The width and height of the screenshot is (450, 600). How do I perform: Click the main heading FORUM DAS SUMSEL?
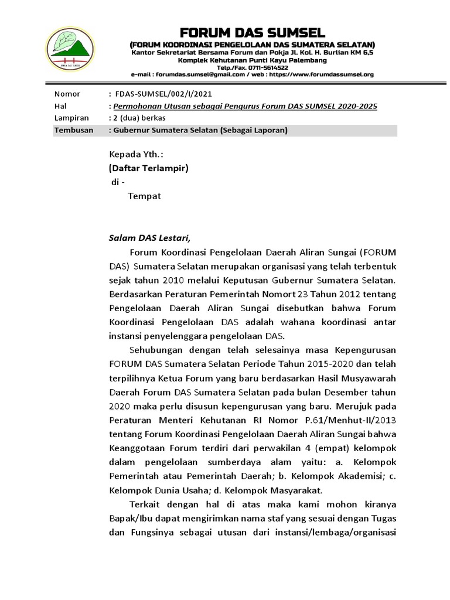pos(252,32)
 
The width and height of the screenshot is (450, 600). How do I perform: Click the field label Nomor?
pos(67,94)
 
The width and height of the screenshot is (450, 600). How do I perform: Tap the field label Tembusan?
pos(73,130)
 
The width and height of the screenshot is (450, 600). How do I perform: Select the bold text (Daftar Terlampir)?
pos(149,168)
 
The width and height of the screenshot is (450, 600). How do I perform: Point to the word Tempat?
pos(144,196)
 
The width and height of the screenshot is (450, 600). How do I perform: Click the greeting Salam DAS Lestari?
pos(150,238)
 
